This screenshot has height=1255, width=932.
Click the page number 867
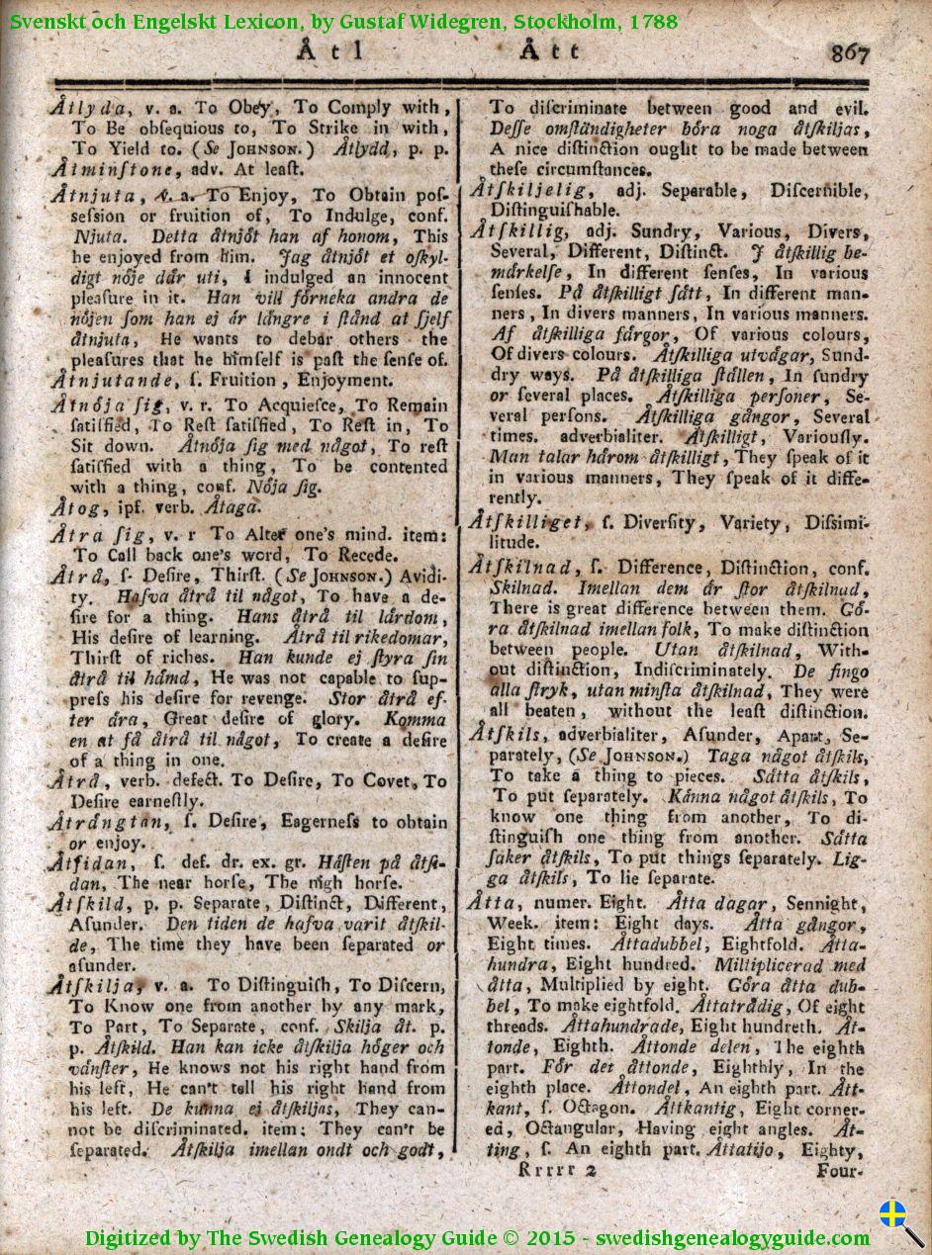(850, 52)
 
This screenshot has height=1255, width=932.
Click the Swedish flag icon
(893, 1213)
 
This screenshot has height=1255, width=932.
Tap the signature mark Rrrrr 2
(552, 1169)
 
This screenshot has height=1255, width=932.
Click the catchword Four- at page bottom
(842, 1169)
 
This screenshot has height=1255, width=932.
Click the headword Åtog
(71, 507)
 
